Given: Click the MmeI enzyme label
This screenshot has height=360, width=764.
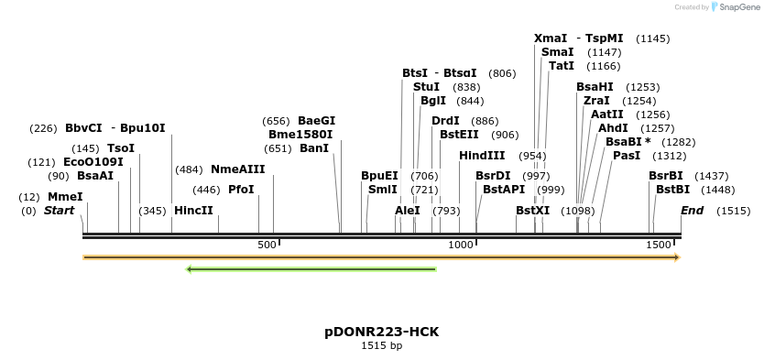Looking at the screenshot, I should pos(65,197).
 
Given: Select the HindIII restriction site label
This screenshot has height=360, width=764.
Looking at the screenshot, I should pos(482,156).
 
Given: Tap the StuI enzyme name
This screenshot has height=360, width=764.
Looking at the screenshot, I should pos(426,87).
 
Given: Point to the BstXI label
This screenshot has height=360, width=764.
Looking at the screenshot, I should pos(532,211).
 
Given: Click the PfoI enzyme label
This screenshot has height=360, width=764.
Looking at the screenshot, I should pos(241,190).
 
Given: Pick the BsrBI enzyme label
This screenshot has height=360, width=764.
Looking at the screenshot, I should pos(666,176).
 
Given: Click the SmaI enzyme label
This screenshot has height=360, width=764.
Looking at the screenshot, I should pos(557,52).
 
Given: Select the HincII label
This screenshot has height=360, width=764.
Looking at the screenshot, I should pos(193,211).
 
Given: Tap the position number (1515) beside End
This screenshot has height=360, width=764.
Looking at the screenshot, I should pos(733,211).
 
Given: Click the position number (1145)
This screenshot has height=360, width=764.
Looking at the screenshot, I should pos(653,38).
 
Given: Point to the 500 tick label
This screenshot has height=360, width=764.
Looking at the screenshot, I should pos(267,245).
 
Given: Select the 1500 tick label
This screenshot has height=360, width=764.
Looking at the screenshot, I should pos(659,245).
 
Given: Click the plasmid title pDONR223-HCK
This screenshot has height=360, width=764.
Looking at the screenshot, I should pos(381,331).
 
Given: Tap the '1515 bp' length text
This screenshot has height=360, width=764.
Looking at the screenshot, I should pos(381,345).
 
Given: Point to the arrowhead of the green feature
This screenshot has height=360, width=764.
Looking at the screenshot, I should pos(189,269).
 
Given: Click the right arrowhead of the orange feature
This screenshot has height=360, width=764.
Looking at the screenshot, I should pos(677,257).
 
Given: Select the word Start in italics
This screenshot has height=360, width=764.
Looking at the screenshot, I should pos(59,211).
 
